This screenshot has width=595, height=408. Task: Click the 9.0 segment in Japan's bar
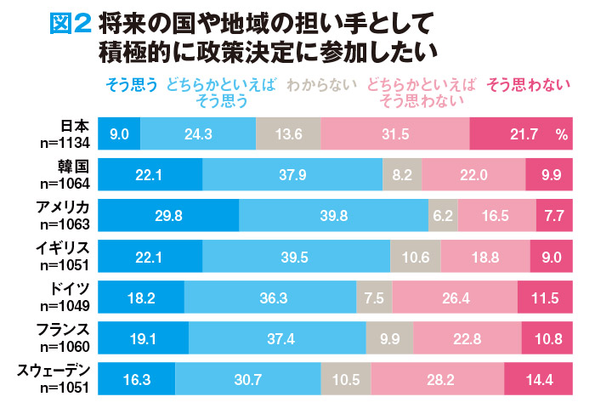pyautogui.click(x=120, y=133)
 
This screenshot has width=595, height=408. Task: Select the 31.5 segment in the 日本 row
pyautogui.click(x=395, y=133)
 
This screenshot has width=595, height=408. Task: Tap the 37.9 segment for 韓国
pyautogui.click(x=292, y=173)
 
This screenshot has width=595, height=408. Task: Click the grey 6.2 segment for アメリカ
pyautogui.click(x=443, y=214)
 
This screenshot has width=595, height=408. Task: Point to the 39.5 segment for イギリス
pyautogui.click(x=296, y=255)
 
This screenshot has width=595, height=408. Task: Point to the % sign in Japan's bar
pyautogui.click(x=561, y=133)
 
